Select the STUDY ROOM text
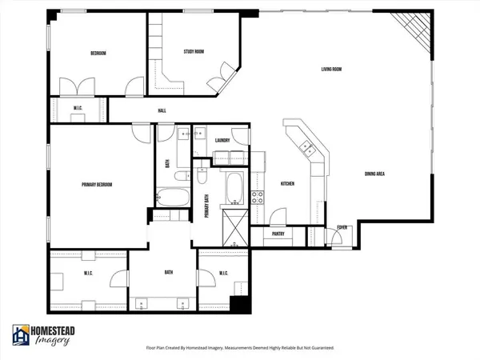187,53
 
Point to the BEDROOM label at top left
97,54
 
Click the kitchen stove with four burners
258,197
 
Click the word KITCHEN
286,184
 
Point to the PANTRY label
278,234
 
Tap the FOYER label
342,227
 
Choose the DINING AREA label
376,174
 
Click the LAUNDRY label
223,141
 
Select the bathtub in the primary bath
234,188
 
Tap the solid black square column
238,305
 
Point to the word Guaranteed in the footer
317,348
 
